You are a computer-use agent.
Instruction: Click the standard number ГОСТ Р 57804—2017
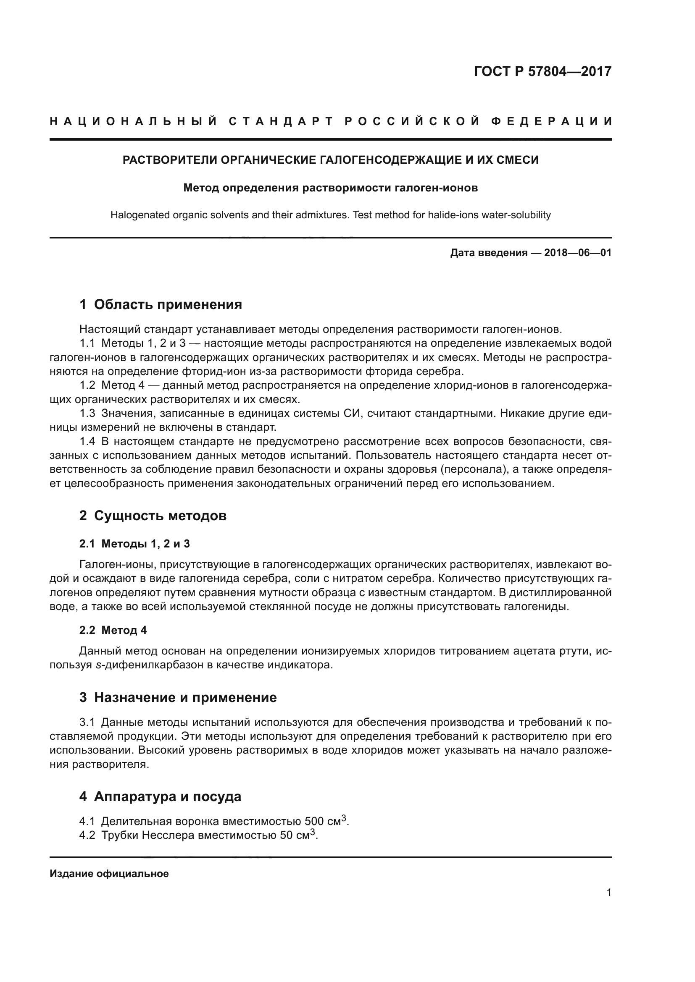pyautogui.click(x=542, y=71)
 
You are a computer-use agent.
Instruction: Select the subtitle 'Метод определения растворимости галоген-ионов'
pyautogui.click(x=330, y=188)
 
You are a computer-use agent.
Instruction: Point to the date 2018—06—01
pyautogui.click(x=578, y=253)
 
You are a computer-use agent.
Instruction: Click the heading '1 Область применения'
pyautogui.click(x=161, y=304)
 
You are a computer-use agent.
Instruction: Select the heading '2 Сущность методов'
pyautogui.click(x=153, y=516)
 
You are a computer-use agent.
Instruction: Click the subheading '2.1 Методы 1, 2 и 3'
pyautogui.click(x=134, y=544)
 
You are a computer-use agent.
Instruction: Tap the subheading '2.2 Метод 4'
pyautogui.click(x=113, y=630)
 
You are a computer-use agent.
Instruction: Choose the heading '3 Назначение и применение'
pyautogui.click(x=178, y=698)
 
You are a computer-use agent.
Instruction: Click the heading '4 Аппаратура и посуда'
pyautogui.click(x=160, y=796)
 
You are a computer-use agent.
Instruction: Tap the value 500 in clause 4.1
pyautogui.click(x=314, y=822)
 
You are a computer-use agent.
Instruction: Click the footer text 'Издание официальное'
pyautogui.click(x=109, y=874)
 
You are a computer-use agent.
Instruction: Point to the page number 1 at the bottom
pyautogui.click(x=608, y=893)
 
